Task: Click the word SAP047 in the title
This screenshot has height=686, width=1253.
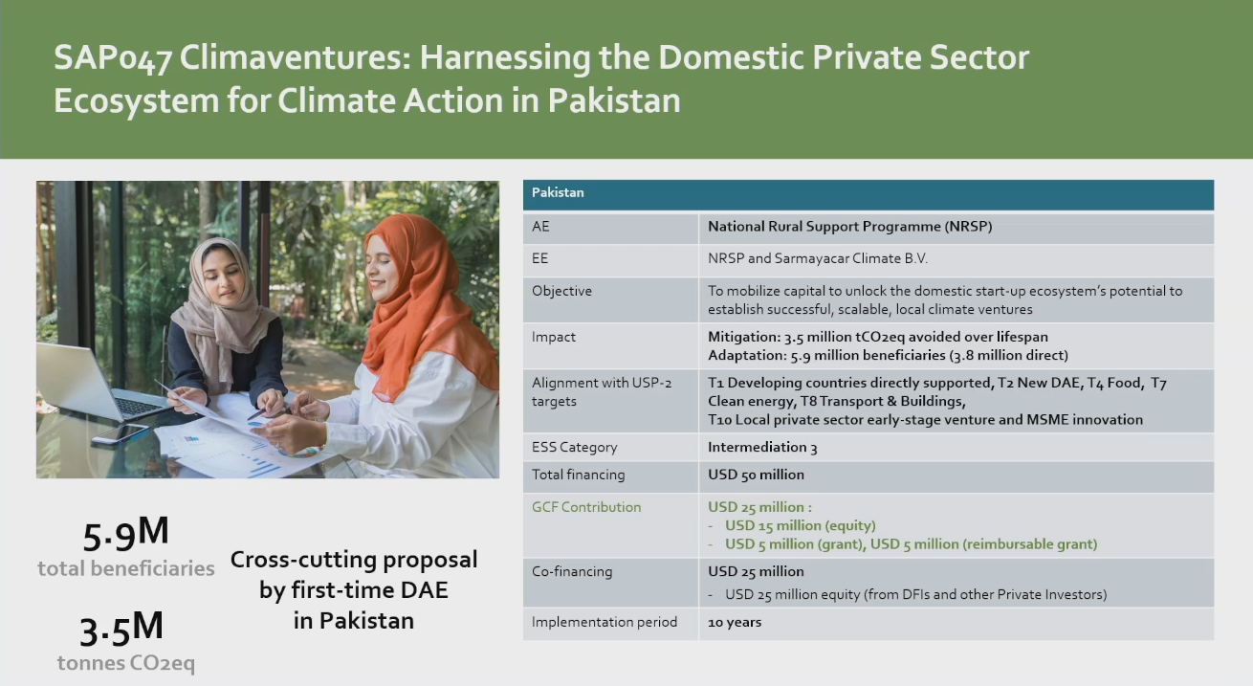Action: pos(112,58)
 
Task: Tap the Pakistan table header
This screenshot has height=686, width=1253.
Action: pos(558,192)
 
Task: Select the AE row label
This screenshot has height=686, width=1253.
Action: pos(540,227)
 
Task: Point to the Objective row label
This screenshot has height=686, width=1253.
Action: pos(561,291)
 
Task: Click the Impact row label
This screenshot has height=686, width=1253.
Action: pos(554,337)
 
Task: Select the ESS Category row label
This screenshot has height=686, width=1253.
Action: pos(574,447)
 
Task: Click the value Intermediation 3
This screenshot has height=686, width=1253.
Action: pos(762,447)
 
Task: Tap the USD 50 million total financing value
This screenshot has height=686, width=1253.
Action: pos(756,475)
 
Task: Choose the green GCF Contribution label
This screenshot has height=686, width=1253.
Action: pos(586,507)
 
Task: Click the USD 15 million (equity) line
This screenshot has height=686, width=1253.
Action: pos(800,525)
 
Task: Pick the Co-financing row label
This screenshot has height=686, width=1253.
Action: pos(572,571)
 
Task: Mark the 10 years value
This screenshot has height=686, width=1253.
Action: pos(735,622)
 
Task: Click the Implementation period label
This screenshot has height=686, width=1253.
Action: pos(604,622)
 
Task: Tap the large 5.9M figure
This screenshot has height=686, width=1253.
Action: pos(125,534)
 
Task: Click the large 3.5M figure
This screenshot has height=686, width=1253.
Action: pos(121,629)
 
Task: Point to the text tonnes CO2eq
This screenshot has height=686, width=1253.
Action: pos(125,663)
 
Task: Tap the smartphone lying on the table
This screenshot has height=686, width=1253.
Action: pos(120,433)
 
